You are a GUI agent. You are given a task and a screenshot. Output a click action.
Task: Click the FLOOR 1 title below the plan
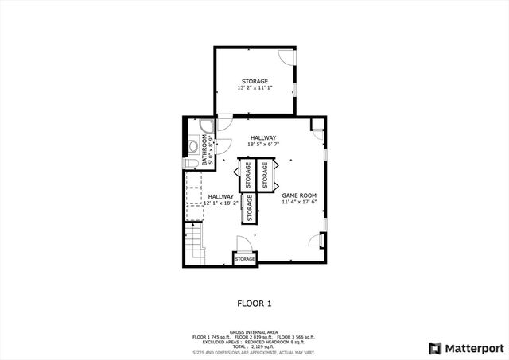tap(254, 303)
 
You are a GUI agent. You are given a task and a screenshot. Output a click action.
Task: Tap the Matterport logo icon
tap(433, 348)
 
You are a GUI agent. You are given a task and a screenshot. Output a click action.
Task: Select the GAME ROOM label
tap(299, 195)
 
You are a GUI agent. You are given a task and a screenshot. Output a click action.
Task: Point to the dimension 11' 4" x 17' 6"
tap(299, 202)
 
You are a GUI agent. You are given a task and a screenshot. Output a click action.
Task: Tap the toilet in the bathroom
tap(190, 164)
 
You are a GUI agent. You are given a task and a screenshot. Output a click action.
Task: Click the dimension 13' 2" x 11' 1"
tap(254, 88)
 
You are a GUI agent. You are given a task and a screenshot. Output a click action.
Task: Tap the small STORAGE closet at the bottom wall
tap(245, 259)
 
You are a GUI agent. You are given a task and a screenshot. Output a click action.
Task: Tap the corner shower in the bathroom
tap(206, 126)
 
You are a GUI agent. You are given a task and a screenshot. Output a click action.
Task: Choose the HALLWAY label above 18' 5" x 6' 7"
tap(262, 137)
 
